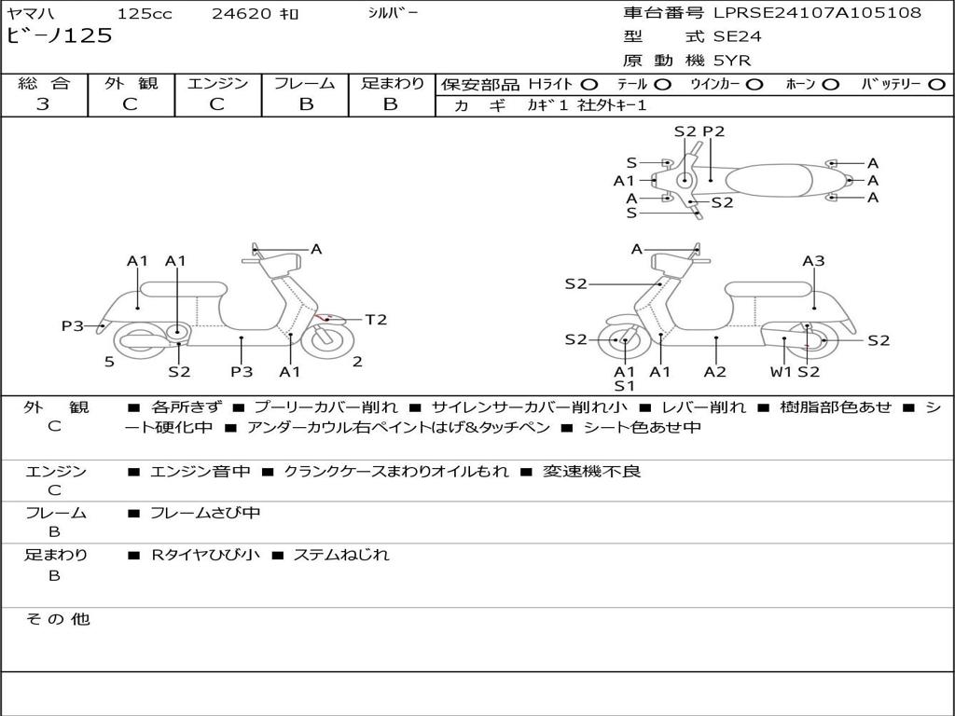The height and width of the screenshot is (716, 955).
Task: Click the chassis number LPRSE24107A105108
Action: pyautogui.click(x=817, y=13)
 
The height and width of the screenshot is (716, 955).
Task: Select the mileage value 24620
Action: pyautogui.click(x=242, y=14)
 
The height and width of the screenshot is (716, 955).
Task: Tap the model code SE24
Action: pyautogui.click(x=737, y=37)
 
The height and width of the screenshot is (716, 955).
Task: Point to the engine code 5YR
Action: pyautogui.click(x=732, y=61)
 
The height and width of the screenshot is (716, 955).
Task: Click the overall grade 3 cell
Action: pyautogui.click(x=43, y=104)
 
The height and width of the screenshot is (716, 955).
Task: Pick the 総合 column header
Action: pyautogui.click(x=43, y=84)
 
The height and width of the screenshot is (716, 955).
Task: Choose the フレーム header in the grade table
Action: pyautogui.click(x=305, y=84)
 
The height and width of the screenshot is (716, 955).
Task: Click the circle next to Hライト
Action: pyautogui.click(x=588, y=85)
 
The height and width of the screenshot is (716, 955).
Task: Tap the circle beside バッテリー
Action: pyautogui.click(x=936, y=85)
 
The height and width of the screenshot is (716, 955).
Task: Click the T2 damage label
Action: pyautogui.click(x=375, y=320)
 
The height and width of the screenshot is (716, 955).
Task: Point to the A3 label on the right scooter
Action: pyautogui.click(x=813, y=261)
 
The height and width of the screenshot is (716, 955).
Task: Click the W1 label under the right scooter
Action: pyautogui.click(x=781, y=372)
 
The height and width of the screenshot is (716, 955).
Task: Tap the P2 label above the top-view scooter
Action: pyautogui.click(x=713, y=131)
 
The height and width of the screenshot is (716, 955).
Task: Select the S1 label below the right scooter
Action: pyautogui.click(x=624, y=386)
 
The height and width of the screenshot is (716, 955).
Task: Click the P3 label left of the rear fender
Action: pyautogui.click(x=73, y=325)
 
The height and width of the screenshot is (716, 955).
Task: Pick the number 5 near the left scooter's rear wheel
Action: pyautogui.click(x=109, y=362)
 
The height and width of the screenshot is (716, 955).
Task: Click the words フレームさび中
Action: pyautogui.click(x=205, y=513)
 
